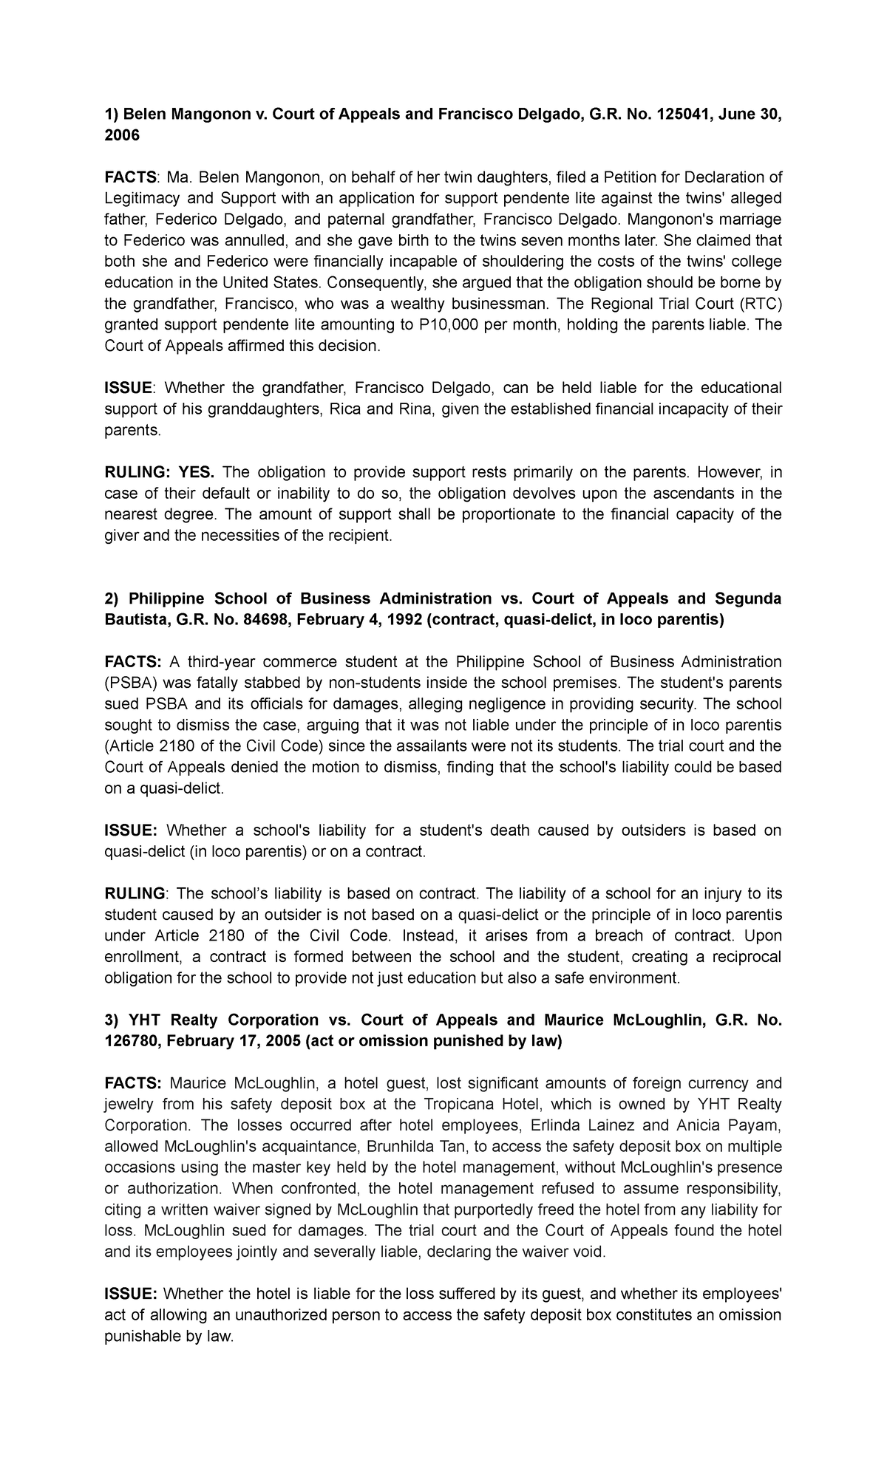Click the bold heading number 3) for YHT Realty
(112, 1020)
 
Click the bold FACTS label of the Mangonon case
(129, 177)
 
